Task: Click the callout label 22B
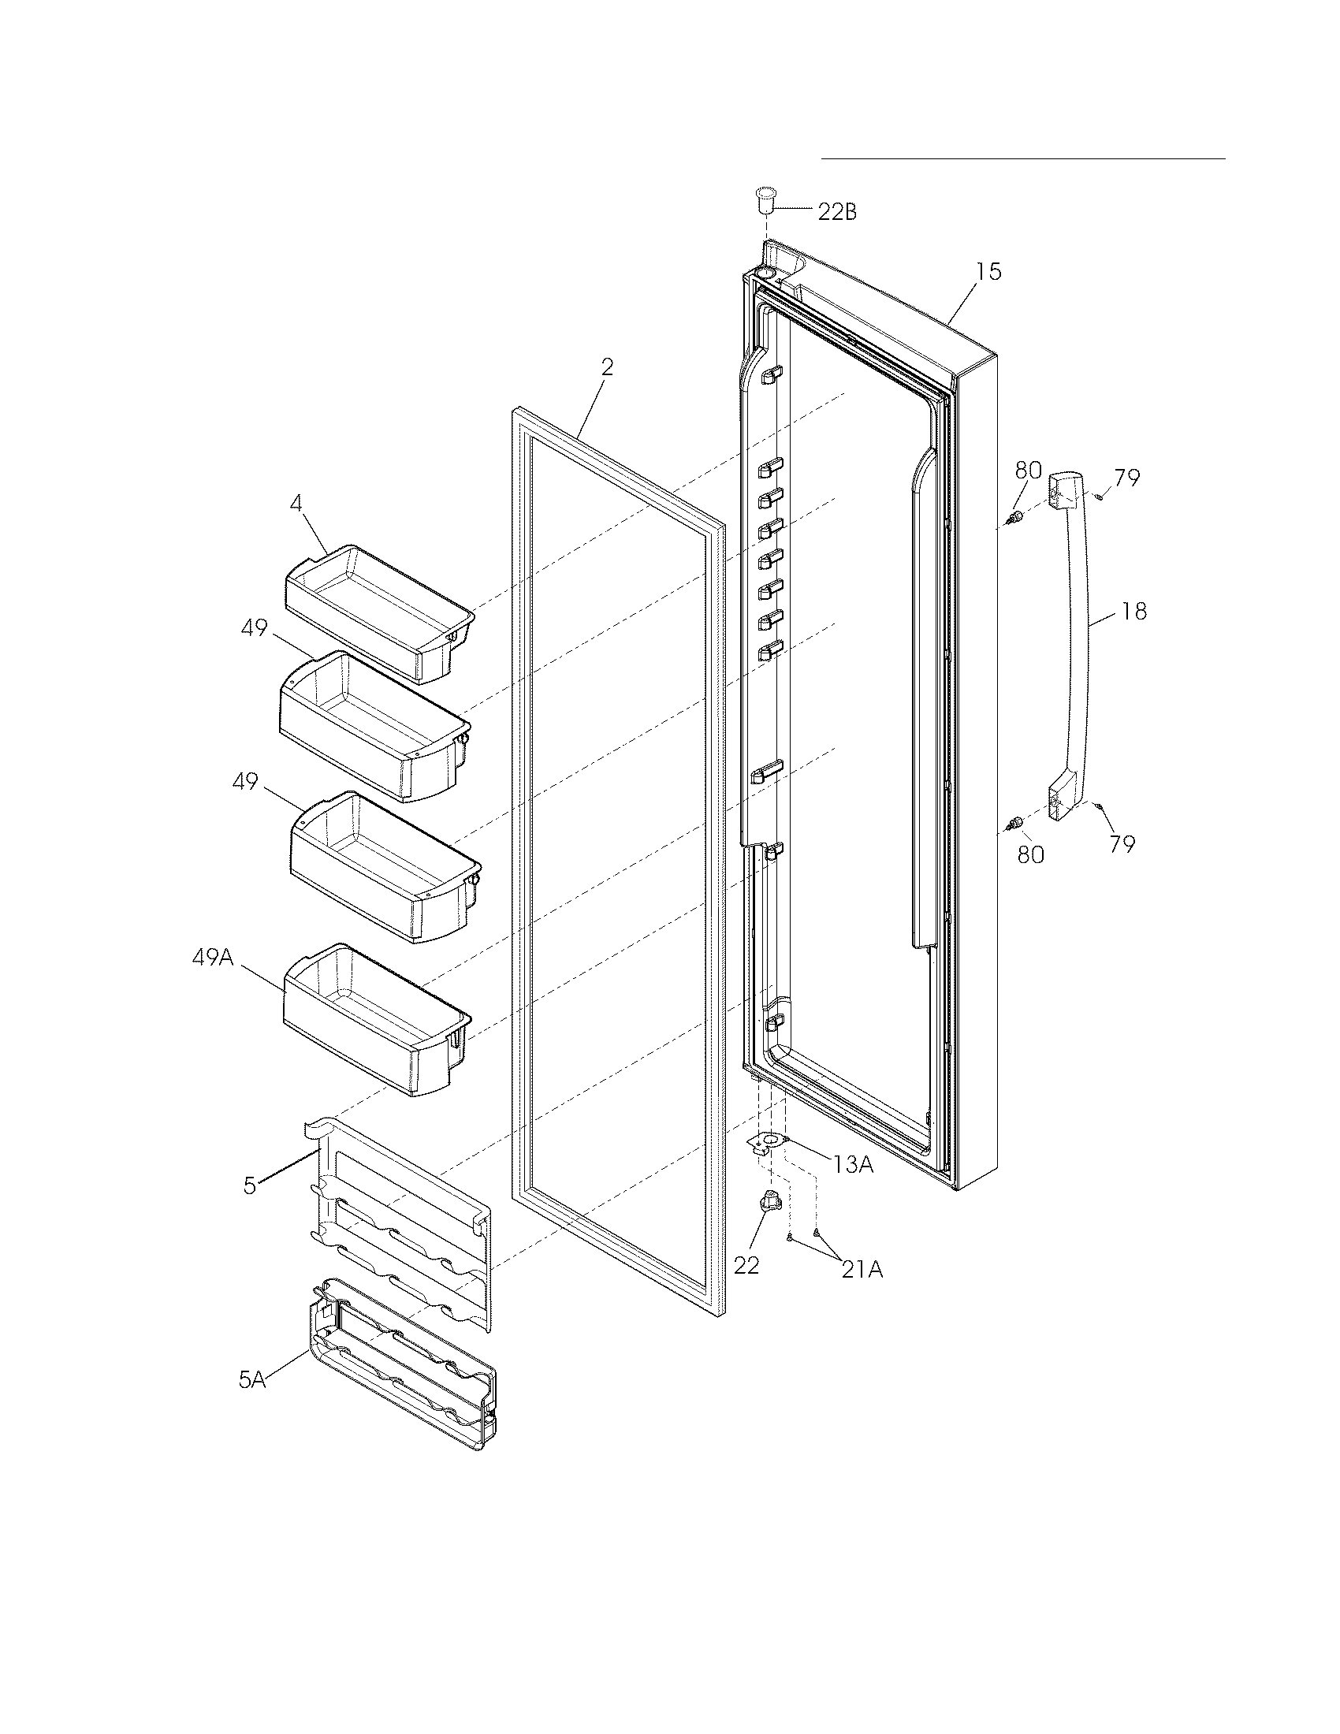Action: [836, 212]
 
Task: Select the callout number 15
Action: [988, 272]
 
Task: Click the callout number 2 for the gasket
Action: [606, 367]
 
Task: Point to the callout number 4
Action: [296, 503]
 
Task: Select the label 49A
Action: [213, 958]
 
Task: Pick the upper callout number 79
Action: [1126, 478]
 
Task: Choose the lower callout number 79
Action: [1122, 844]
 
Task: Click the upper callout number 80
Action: [1028, 470]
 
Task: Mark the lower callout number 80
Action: [1031, 854]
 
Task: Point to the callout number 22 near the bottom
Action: [747, 1266]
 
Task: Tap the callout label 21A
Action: [862, 1271]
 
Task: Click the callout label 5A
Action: [251, 1381]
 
